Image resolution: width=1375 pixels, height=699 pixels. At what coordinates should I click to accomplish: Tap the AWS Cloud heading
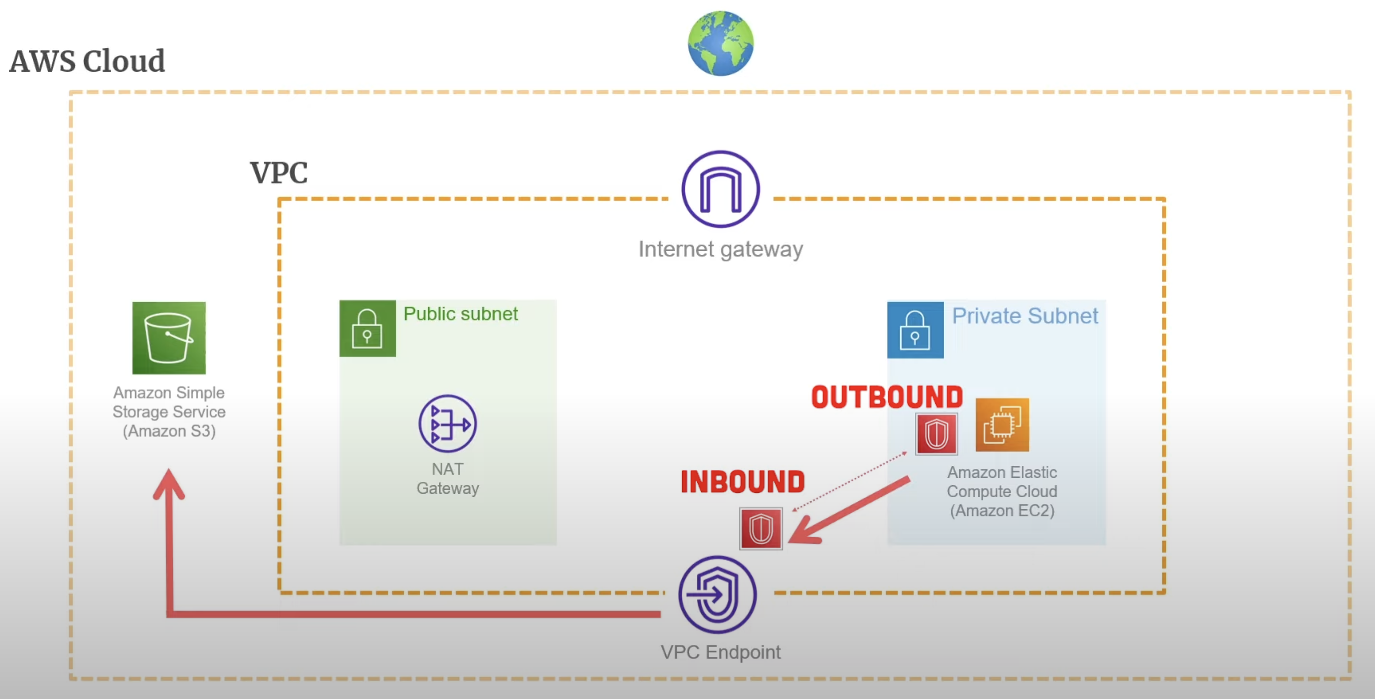[88, 61]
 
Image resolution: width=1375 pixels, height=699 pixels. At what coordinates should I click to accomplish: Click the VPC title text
[279, 173]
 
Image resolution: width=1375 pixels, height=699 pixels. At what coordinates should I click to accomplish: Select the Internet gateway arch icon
[721, 189]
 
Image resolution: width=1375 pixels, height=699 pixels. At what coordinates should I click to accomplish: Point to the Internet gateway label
[721, 249]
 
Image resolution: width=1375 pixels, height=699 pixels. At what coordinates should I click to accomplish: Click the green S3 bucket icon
[169, 338]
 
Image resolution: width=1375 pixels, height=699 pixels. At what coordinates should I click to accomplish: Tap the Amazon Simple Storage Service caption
[169, 412]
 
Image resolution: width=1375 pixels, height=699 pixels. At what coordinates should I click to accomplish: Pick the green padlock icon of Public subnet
[367, 328]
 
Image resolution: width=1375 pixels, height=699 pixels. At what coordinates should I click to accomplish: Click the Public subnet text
[460, 314]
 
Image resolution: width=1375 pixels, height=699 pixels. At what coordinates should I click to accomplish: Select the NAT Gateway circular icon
[447, 424]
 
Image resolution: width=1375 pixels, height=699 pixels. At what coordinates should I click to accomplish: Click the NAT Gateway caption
[447, 479]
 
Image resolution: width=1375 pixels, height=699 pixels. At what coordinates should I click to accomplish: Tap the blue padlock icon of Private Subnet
[915, 330]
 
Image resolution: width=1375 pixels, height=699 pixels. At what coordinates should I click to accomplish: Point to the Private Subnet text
[1025, 316]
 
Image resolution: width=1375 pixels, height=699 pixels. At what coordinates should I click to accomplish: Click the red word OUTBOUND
[887, 398]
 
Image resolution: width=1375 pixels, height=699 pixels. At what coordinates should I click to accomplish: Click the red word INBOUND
[742, 482]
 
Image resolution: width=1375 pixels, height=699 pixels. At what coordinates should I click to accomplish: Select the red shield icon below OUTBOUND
[936, 434]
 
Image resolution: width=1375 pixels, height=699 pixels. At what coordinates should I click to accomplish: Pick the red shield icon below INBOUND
[760, 529]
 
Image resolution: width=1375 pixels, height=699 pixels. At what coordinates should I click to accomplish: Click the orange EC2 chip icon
[1002, 425]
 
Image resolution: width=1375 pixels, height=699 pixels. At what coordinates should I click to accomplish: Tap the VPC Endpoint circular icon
[718, 595]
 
